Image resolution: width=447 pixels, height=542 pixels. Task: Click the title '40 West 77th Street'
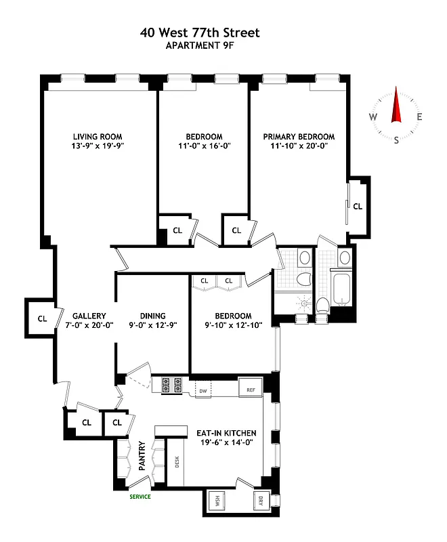[200, 33]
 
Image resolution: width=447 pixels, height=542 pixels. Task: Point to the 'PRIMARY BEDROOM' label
[299, 136]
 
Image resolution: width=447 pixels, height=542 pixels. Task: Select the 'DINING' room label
[152, 316]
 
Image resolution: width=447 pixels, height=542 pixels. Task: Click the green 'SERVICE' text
[140, 497]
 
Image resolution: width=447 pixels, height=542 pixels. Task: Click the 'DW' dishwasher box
[202, 391]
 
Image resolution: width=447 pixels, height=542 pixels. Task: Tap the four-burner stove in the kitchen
[171, 385]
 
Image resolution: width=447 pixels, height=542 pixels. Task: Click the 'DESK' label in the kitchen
[177, 462]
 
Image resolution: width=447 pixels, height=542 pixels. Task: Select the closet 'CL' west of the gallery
[42, 318]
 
